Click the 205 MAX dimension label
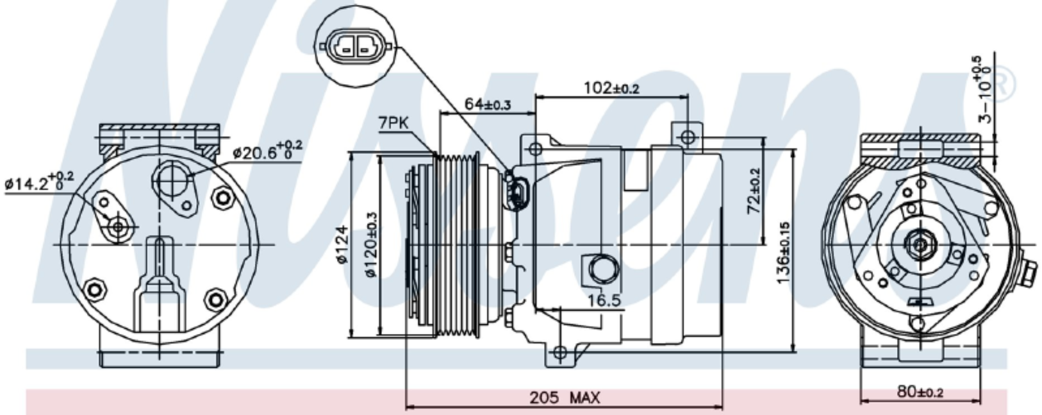coord(564,398)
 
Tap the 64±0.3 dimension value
coord(487,104)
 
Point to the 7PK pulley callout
coord(394,124)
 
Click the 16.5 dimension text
coord(604,300)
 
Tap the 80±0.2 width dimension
coord(919,392)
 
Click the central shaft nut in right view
coord(920,244)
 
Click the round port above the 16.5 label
coord(602,269)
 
